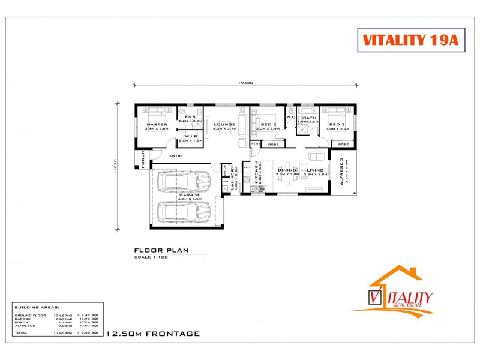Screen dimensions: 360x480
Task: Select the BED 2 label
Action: coord(267,124)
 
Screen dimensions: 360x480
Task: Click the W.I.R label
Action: coord(191,136)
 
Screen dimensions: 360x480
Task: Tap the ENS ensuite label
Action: coord(190,116)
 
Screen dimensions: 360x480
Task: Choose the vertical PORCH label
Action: coord(143,160)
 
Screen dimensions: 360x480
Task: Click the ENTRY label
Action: coord(176,156)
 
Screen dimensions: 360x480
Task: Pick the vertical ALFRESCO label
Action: coord(342,172)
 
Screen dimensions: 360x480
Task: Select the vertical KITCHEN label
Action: coord(256,171)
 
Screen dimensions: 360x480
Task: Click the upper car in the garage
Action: coord(183,182)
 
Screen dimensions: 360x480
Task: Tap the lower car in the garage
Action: coord(183,211)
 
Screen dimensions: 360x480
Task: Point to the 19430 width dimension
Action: coord(245,83)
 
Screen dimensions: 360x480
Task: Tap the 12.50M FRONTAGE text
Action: coord(152,334)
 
